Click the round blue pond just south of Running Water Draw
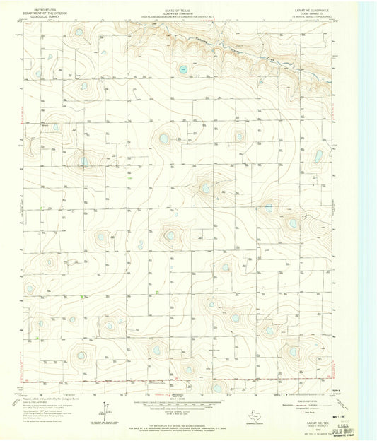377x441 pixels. click(182, 69)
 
